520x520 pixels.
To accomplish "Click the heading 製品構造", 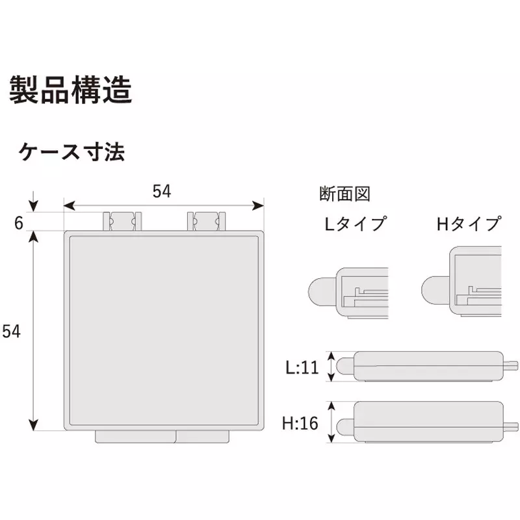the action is coord(71,90).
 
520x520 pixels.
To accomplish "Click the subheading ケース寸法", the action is coord(71,152).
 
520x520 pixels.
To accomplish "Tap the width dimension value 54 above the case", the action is coord(162,191).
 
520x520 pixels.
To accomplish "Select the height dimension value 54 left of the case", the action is coord(11,331).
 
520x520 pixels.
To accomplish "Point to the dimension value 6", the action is coord(19,223).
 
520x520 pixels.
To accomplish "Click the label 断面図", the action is coord(344,194).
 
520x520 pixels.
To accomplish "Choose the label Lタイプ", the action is coord(356,224).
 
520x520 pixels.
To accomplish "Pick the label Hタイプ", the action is coord(469,224).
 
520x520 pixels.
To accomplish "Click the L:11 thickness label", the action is coord(302,367).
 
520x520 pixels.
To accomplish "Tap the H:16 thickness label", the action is coord(300,423).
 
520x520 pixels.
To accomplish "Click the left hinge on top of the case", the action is coord(122,221).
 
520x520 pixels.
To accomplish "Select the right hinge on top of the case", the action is coord(206,221).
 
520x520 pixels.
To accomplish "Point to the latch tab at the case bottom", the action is coord(162,436).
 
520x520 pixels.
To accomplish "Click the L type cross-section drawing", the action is coord(348,293).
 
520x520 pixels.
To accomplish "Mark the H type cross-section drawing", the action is coord(461,282).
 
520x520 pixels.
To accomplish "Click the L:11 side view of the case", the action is coord(427,366).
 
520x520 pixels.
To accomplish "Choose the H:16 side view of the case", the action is coord(427,422).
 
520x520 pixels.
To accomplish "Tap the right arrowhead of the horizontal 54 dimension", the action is coord(258,205).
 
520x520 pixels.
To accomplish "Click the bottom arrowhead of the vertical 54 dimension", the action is coord(34,425).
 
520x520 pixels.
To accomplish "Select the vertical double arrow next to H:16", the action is coord(331,422).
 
